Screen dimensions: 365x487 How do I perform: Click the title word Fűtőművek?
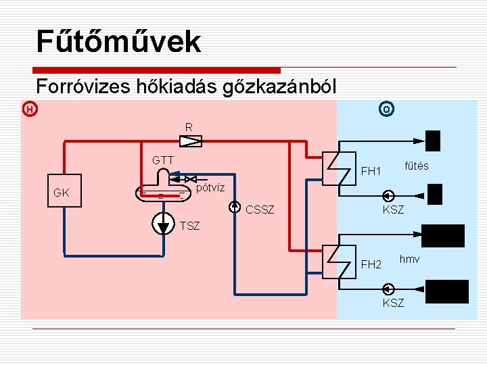118,41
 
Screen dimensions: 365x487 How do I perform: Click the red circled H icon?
29,109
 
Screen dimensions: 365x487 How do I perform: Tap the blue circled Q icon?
386,109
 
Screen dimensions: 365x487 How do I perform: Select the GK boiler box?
62,192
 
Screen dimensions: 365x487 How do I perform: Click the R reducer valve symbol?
191,141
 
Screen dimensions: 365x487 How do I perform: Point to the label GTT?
163,160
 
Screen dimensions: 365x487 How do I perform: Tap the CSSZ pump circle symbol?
234,206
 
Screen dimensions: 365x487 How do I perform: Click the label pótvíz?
210,186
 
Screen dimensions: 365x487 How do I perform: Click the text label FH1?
371,171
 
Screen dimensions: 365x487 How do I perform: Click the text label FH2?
371,264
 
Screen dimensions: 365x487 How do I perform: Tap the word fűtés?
416,166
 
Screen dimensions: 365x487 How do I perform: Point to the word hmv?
409,259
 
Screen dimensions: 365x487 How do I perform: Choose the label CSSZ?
260,210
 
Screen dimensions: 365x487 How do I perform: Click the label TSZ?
190,226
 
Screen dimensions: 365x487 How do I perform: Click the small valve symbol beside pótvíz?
190,178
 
